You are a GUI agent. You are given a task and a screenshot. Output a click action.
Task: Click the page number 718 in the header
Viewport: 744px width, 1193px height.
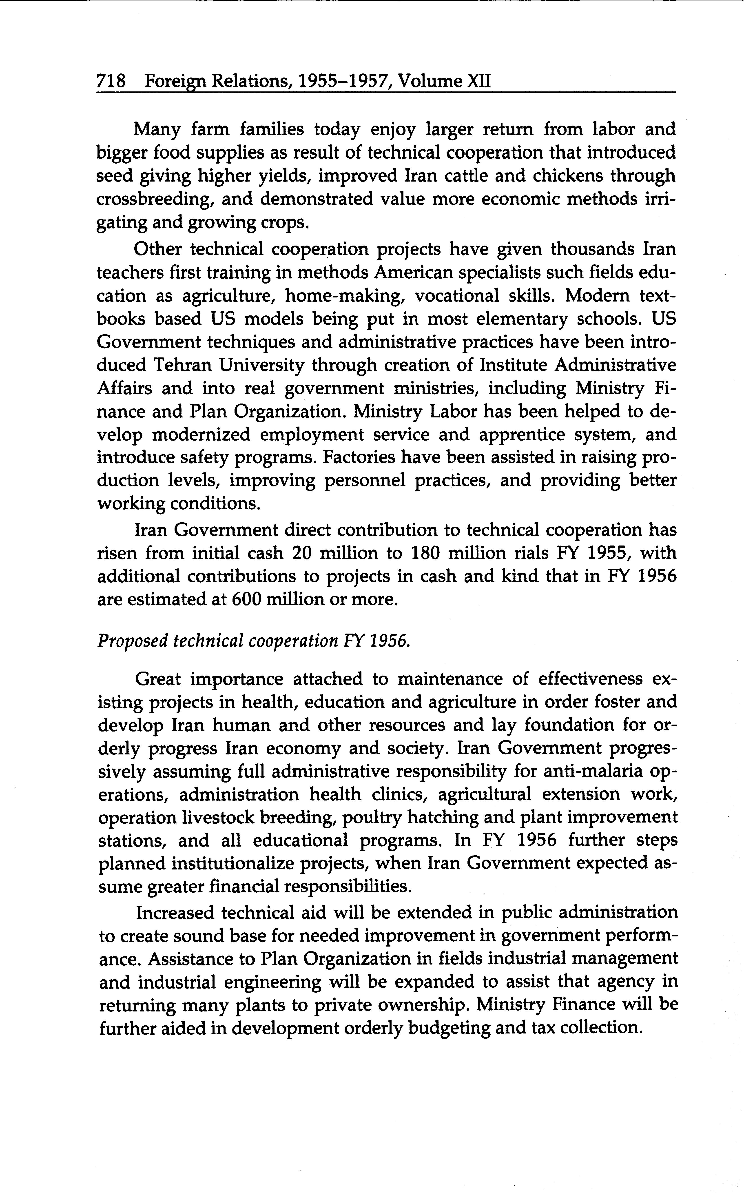coord(111,81)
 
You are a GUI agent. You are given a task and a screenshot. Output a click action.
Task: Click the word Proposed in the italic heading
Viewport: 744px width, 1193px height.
coord(130,641)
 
